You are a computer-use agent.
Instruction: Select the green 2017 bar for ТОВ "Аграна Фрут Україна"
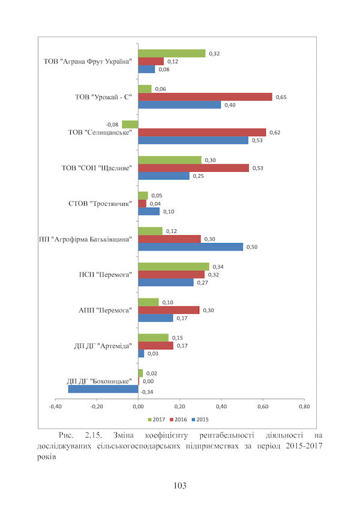[172, 53]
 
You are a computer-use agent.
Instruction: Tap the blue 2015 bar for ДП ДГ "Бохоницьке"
[103, 389]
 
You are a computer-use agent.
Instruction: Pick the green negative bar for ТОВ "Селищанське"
[130, 124]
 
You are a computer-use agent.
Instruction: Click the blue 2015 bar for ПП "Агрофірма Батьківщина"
[191, 247]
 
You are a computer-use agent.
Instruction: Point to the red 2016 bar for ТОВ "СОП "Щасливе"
[193, 168]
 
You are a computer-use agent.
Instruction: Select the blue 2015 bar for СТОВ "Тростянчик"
[149, 211]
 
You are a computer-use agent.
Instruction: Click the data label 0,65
[280, 97]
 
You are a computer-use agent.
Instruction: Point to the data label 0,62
[274, 132]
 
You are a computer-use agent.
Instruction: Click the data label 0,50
[251, 247]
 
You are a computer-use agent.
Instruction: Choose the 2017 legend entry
[157, 418]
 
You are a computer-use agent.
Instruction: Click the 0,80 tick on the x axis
[304, 406]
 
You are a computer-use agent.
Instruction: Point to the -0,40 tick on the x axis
[55, 406]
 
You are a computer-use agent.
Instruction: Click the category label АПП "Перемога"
[106, 310]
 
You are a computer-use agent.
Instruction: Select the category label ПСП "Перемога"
[105, 274]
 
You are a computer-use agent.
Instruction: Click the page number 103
[179, 485]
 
